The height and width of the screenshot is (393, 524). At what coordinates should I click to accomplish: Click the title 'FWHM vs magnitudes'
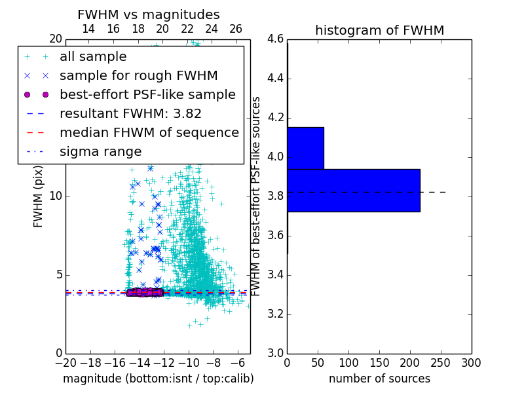[149, 14]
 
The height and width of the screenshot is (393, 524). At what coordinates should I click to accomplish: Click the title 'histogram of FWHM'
[379, 30]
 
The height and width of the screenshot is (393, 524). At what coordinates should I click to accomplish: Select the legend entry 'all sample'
[93, 57]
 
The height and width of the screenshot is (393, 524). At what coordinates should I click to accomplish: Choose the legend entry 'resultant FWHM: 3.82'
[130, 113]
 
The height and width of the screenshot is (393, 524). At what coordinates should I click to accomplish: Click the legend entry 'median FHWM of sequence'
[149, 132]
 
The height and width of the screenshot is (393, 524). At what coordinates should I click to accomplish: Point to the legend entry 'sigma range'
[100, 152]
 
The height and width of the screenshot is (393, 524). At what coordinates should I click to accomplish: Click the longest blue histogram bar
[353, 190]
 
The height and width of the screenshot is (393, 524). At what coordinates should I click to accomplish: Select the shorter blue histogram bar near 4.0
[305, 148]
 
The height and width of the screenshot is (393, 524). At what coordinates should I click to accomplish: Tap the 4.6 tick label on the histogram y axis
[275, 39]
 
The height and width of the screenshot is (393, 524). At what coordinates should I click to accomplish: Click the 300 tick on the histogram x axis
[471, 363]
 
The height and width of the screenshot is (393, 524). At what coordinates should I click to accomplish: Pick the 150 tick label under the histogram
[379, 363]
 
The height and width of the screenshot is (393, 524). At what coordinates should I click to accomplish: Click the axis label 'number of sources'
[379, 379]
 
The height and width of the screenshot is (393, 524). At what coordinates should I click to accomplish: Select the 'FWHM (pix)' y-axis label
[39, 196]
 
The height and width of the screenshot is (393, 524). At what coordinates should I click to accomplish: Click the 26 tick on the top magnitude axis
[236, 29]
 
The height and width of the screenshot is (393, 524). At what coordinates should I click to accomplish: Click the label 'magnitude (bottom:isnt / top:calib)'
[158, 379]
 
